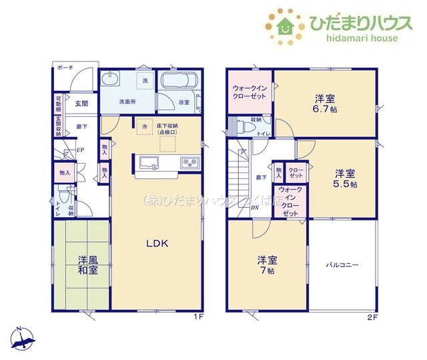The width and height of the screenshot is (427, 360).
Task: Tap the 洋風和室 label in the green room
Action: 87,265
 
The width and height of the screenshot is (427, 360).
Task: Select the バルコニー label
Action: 342,265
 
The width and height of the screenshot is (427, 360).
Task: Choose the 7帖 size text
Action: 267,271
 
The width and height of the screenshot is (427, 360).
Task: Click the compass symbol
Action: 24,340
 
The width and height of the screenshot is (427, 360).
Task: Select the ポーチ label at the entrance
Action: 65,68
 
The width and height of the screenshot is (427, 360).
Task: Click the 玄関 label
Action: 81,104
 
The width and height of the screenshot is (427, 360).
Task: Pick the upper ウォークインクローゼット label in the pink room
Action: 250,92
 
